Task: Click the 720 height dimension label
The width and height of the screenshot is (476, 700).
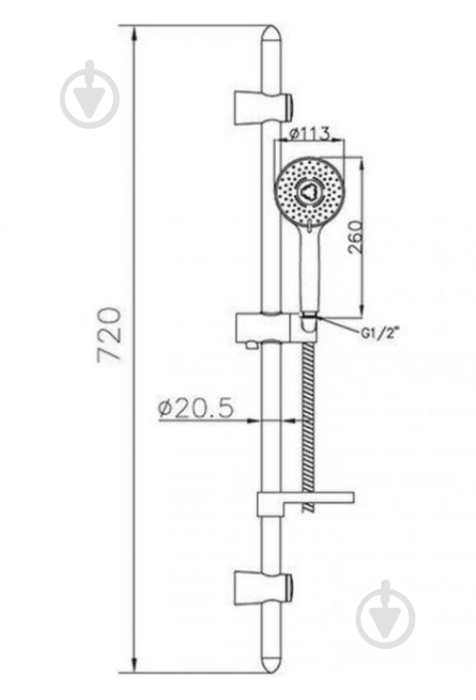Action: pyautogui.click(x=109, y=333)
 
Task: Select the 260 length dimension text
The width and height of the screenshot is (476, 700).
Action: pyautogui.click(x=356, y=237)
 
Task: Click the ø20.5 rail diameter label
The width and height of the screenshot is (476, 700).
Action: pyautogui.click(x=195, y=407)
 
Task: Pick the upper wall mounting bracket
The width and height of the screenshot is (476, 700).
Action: pyautogui.click(x=263, y=108)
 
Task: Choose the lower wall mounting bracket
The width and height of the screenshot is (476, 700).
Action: pyautogui.click(x=263, y=586)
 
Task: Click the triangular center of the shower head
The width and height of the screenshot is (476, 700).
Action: pyautogui.click(x=307, y=192)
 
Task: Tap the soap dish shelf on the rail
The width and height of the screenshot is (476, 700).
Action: pyautogui.click(x=305, y=503)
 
